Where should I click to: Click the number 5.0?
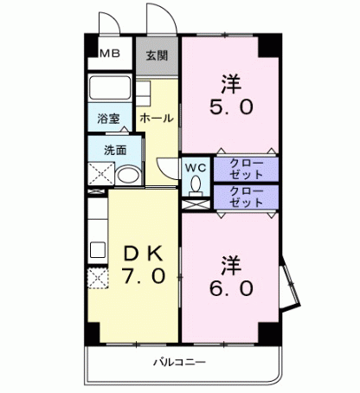coord(229,108)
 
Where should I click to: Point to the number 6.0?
coord(229,287)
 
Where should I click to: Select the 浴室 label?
coord(108,117)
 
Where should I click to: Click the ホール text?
coord(157,117)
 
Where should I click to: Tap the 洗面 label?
coord(115,148)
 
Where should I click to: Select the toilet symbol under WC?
coord(195,184)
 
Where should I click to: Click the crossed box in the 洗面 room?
coord(99,174)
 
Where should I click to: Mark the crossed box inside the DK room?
coord(97,280)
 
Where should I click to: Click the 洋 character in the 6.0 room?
coord(229,261)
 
